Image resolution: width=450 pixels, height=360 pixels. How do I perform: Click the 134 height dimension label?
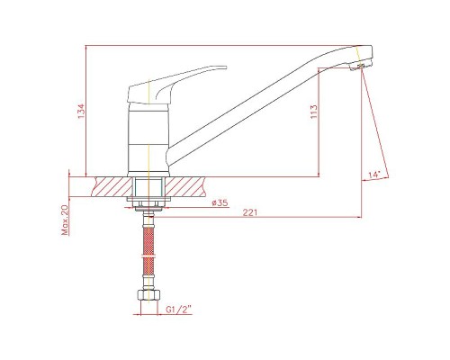click(82, 111)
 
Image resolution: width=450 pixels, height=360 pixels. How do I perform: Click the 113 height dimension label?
click(314, 112)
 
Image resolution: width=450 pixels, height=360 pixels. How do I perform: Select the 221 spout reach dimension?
click(250, 212)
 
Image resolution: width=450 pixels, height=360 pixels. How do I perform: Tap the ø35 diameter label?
click(220, 202)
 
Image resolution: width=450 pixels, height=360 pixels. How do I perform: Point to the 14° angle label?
click(374, 175)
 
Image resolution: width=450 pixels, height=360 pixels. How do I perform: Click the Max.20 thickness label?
click(65, 220)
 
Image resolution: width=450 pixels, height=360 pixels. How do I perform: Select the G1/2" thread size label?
click(179, 310)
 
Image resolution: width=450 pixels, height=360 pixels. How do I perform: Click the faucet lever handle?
click(177, 85)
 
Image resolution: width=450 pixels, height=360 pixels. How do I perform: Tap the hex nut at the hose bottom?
click(148, 294)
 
